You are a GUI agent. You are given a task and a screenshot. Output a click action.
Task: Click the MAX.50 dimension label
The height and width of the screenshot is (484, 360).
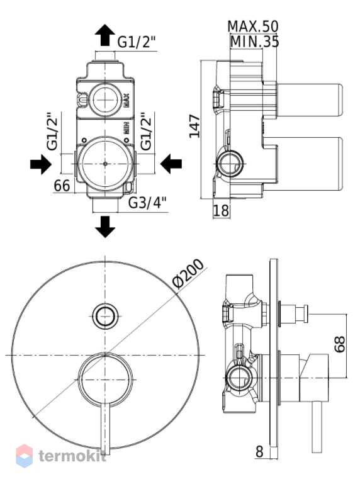point(253,26)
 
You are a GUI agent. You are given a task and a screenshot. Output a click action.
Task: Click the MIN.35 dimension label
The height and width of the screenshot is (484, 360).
point(255,42)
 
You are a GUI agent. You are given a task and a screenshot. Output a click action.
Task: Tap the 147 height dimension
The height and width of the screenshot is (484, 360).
point(195,126)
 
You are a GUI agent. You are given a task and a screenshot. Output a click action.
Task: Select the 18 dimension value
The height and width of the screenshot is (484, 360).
point(222,211)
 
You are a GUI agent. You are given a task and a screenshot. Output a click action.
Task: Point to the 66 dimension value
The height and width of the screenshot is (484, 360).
point(62,186)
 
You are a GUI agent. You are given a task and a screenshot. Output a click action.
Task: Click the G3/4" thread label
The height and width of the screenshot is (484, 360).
point(147,203)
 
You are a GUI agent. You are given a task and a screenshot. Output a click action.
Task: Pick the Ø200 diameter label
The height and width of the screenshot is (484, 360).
point(188,274)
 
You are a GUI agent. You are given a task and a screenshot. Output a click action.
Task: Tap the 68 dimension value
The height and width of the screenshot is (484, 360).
point(340,344)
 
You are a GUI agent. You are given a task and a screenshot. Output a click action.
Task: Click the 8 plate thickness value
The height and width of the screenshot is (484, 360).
point(259,452)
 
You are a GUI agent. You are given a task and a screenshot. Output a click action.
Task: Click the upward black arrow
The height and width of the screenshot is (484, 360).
point(105,35)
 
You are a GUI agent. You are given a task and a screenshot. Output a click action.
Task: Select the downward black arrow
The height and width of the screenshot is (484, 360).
point(105,227)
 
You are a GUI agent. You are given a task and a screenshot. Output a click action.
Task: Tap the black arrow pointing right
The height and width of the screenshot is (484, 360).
point(41,164)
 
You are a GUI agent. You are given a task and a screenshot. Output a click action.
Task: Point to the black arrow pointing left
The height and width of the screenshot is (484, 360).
point(171,164)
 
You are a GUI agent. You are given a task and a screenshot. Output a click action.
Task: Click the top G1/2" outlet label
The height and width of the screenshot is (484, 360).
point(137,42)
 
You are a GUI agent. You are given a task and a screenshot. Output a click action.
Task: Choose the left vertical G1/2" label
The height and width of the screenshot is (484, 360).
point(52,132)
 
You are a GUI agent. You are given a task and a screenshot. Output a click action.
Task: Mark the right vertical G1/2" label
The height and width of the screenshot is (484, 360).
point(147,132)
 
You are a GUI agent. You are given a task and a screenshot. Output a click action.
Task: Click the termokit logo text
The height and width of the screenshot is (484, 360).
point(72,456)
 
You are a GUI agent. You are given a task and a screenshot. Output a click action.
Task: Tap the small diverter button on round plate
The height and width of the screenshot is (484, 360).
point(105,316)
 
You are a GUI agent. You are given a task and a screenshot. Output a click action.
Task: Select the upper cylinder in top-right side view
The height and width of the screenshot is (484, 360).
point(310,100)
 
